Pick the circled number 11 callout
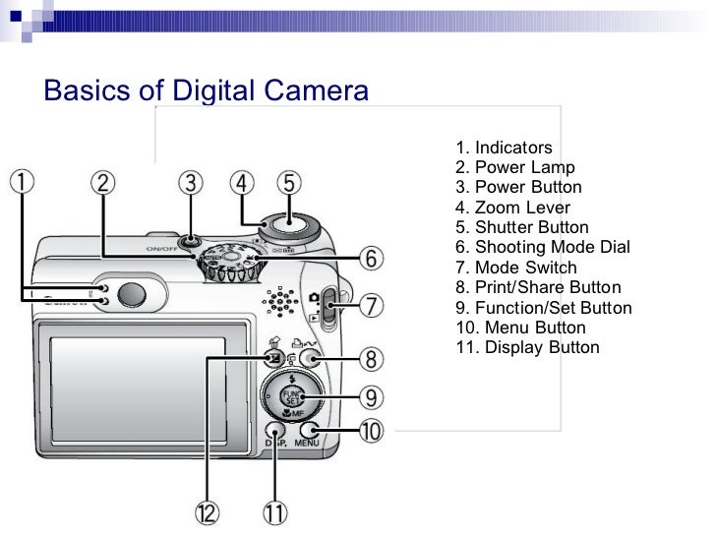click(275, 511)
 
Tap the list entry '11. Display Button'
click(527, 347)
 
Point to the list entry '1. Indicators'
click(504, 148)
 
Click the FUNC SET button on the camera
click(291, 396)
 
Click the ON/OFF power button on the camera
click(191, 240)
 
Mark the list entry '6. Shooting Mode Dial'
click(543, 247)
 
